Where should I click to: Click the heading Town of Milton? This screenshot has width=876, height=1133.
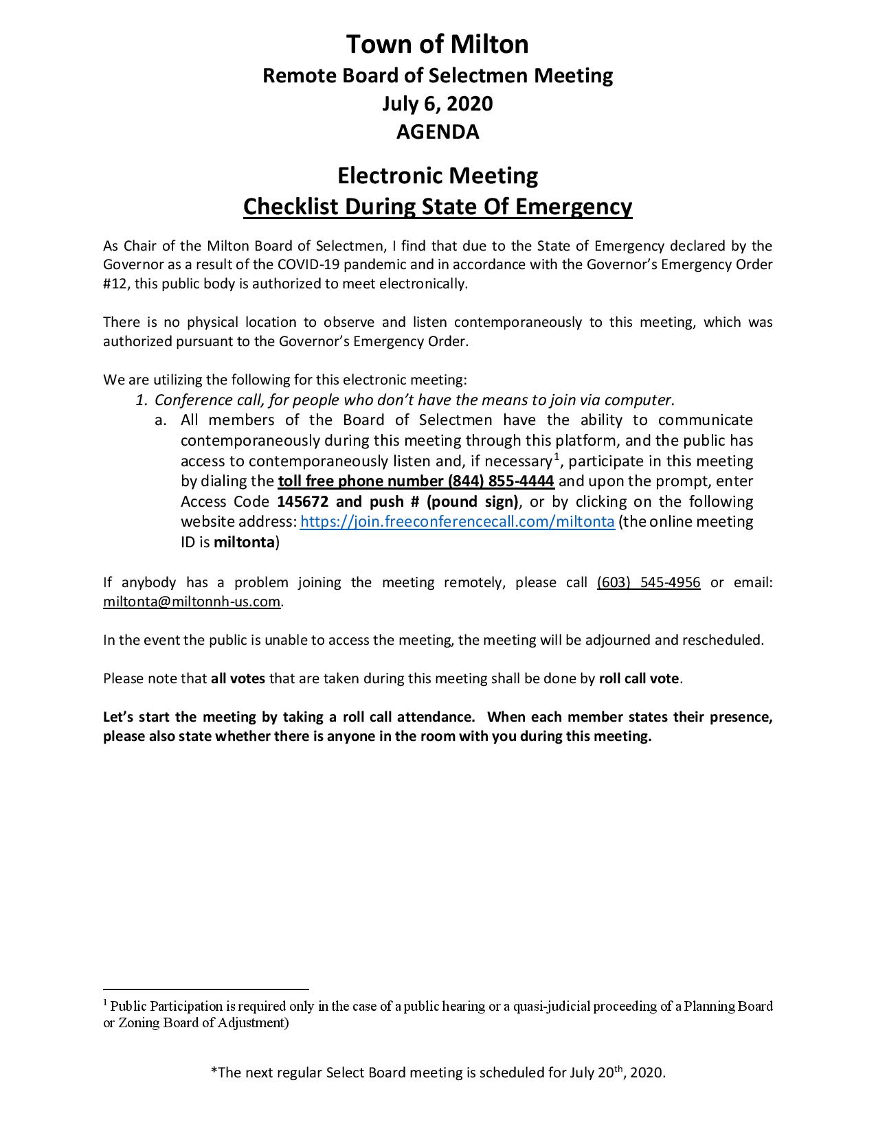point(438,45)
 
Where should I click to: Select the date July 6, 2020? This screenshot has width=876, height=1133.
point(438,104)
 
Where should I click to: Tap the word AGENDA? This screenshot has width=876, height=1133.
point(438,131)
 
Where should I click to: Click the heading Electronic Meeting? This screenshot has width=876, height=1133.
point(438,176)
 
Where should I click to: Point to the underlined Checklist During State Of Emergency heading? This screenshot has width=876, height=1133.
point(438,207)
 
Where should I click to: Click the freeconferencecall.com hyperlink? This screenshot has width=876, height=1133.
point(457,522)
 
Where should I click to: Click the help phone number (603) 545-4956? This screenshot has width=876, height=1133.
point(649,583)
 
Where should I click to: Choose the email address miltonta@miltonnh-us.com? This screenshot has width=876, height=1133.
point(192,602)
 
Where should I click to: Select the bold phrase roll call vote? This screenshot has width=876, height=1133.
point(640,679)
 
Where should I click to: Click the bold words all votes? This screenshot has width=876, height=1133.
point(238,679)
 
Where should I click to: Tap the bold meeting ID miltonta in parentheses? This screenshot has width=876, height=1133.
point(244,542)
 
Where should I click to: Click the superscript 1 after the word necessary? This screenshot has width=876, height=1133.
point(557,457)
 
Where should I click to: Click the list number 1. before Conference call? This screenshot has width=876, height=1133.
point(142,400)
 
